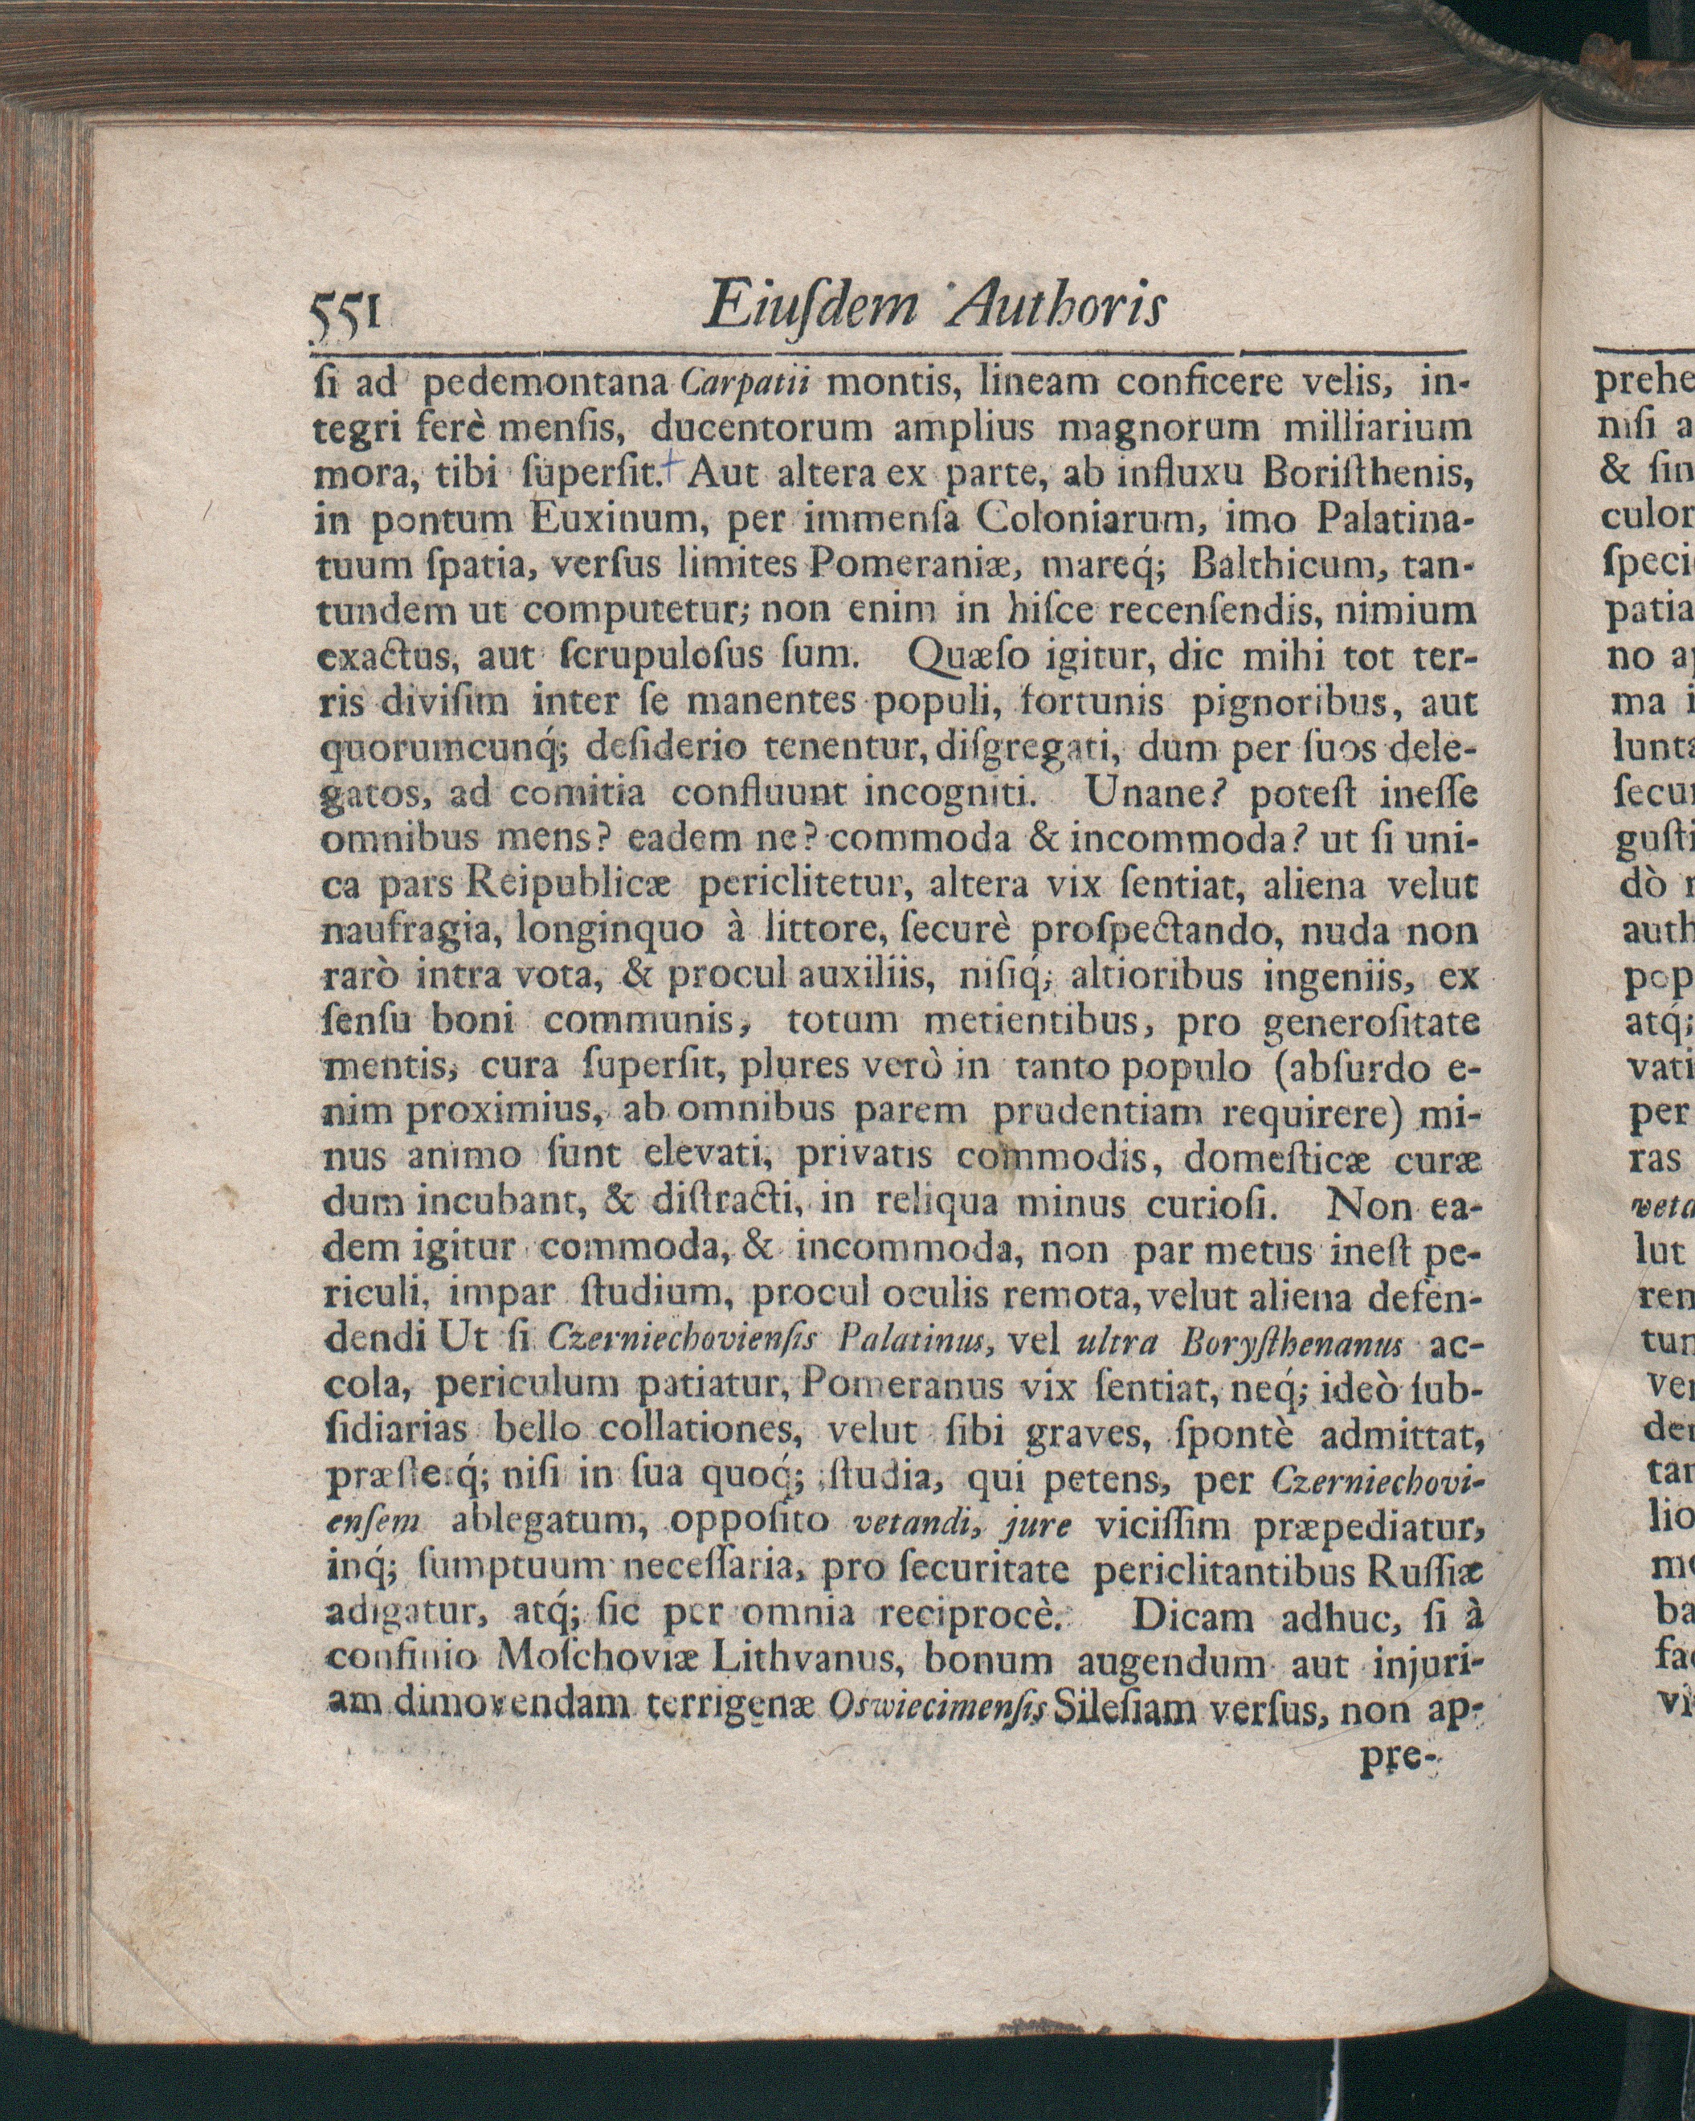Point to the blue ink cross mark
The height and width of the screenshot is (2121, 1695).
pyautogui.click(x=672, y=466)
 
